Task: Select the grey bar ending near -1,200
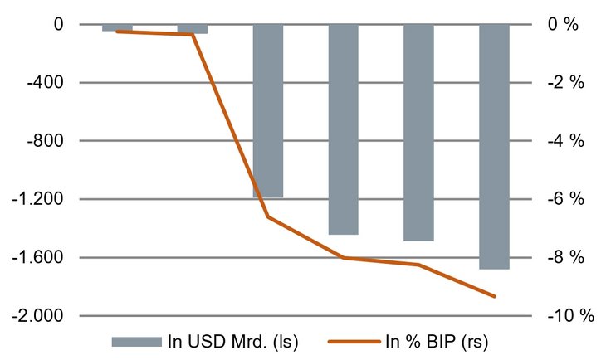[x=267, y=110]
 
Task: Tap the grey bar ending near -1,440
[x=343, y=129]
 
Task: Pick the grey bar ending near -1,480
[x=418, y=132]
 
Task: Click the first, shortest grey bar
[x=117, y=27]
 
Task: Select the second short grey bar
[x=193, y=28]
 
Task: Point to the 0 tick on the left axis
[x=58, y=25]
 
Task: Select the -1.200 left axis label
[x=40, y=199]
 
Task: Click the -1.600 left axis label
[x=40, y=257]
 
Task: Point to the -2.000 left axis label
[x=40, y=316]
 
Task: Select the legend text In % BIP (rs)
[x=442, y=342]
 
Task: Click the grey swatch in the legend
[x=135, y=342]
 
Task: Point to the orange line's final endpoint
[x=495, y=296]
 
